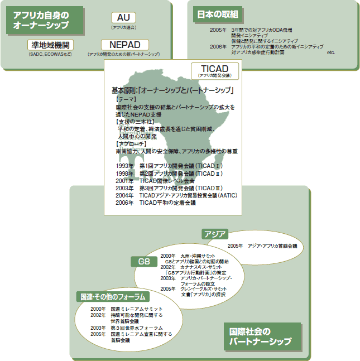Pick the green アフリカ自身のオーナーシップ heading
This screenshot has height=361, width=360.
tap(45, 20)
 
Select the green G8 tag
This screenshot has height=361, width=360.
tap(144, 261)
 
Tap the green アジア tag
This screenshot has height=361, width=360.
tap(215, 233)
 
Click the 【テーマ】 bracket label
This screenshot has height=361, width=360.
tap(125, 99)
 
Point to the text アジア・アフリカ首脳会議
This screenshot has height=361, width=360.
tap(272, 246)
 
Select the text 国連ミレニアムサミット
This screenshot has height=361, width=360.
tap(136, 309)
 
